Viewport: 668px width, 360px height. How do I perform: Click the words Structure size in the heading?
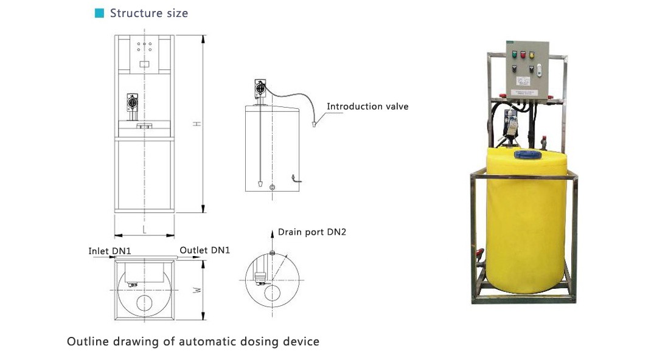(149, 13)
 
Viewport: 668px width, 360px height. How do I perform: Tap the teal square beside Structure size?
(99, 13)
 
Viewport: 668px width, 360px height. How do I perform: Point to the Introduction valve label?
(367, 106)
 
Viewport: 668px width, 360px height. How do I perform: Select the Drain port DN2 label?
(312, 232)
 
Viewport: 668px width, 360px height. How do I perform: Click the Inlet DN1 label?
(110, 251)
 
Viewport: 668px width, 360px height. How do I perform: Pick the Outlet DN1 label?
(204, 250)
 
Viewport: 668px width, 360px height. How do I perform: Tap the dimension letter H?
(197, 123)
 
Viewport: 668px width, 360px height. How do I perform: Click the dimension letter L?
(144, 230)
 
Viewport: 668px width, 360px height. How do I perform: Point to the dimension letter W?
(197, 290)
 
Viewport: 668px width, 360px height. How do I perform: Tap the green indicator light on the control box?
(514, 54)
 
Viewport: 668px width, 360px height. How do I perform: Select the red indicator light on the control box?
(523, 54)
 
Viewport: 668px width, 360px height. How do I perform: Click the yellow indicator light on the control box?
(532, 55)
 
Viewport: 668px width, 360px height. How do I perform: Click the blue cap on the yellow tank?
(527, 154)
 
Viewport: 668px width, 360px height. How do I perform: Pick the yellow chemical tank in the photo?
(526, 221)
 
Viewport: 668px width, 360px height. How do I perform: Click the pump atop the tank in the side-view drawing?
(260, 89)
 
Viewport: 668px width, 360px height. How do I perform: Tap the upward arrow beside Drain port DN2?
(273, 240)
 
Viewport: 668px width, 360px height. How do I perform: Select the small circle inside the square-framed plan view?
(144, 303)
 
